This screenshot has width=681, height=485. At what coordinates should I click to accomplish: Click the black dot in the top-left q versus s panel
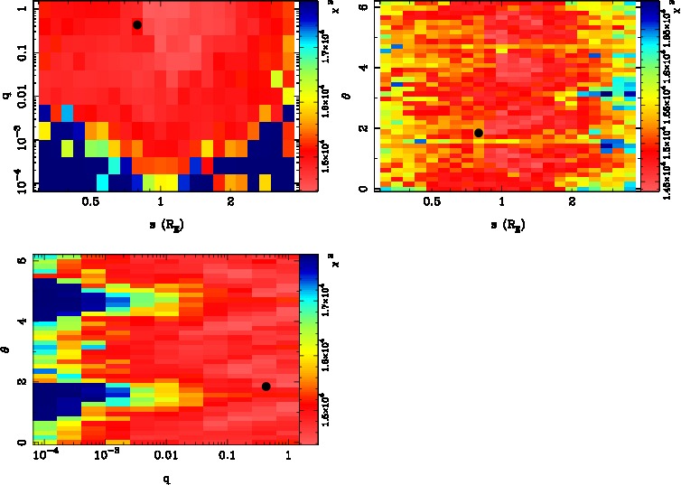(x=137, y=24)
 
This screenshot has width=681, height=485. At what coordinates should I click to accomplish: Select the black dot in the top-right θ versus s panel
(x=479, y=133)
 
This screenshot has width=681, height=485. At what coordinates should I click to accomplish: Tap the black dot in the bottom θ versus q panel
(x=266, y=387)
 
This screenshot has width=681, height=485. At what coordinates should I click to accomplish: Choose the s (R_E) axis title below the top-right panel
(x=501, y=224)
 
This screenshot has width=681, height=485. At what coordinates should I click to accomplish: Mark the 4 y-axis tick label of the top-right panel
(x=362, y=67)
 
